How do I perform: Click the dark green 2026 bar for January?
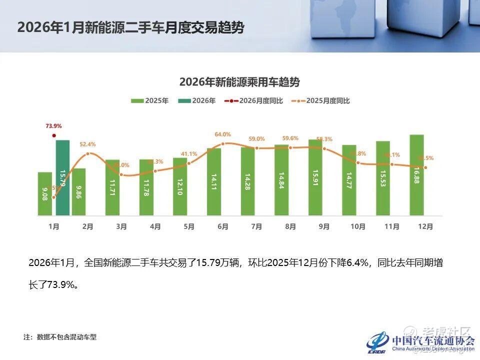pyautogui.click(x=62, y=177)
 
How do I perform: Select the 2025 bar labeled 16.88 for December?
pyautogui.click(x=416, y=175)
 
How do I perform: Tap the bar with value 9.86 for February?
pyautogui.click(x=79, y=191)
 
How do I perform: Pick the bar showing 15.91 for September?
pyautogui.click(x=315, y=177)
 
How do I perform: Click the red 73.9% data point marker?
pyautogui.click(x=54, y=135)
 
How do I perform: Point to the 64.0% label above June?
pyautogui.click(x=223, y=134)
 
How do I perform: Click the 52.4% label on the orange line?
pyautogui.click(x=87, y=144)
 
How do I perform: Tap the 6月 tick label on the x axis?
pyautogui.click(x=223, y=226)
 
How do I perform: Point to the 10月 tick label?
pyautogui.click(x=357, y=226)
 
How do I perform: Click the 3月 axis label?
pyautogui.click(x=121, y=226)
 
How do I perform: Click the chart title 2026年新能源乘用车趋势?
pyautogui.click(x=239, y=81)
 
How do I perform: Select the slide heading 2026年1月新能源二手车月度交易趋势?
pyautogui.click(x=130, y=27)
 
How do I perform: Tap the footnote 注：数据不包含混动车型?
pyautogui.click(x=60, y=337)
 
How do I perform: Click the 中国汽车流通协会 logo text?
pyautogui.click(x=433, y=340)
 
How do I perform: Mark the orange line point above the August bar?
pyautogui.click(x=290, y=148)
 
